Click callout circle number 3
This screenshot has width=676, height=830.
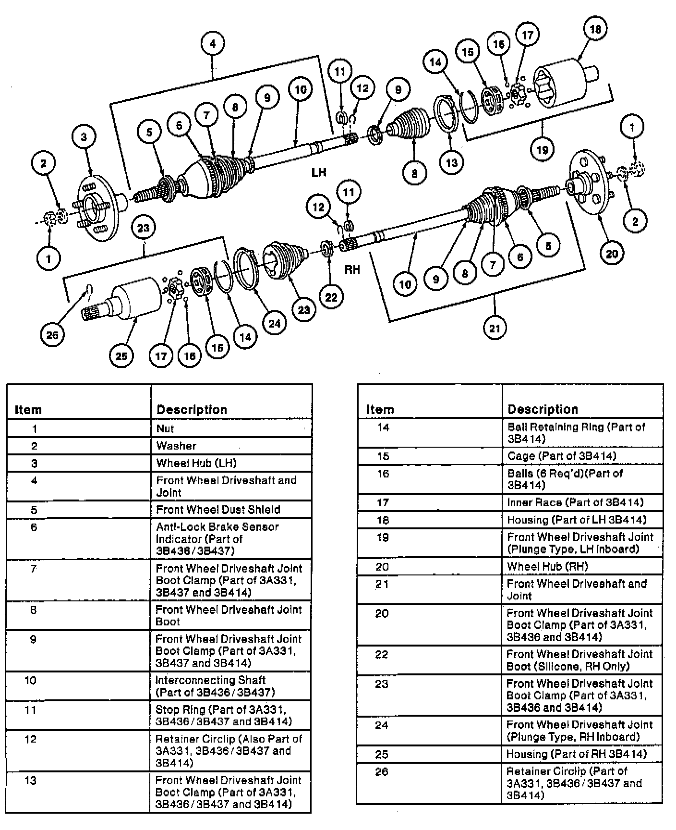pyautogui.click(x=84, y=136)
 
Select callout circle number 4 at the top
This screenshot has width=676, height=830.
pyautogui.click(x=213, y=44)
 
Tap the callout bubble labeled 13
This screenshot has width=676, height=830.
pyautogui.click(x=451, y=162)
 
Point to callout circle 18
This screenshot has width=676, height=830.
pyautogui.click(x=595, y=29)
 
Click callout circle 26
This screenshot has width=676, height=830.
pyautogui.click(x=52, y=334)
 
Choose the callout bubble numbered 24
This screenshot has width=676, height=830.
pyautogui.click(x=274, y=323)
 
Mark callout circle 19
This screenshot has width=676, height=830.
pyautogui.click(x=542, y=149)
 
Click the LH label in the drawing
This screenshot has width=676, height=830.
pyautogui.click(x=319, y=172)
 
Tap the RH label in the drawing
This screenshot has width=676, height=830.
pyautogui.click(x=352, y=269)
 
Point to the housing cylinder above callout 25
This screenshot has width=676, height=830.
pyautogui.click(x=137, y=299)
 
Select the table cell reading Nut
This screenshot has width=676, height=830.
pyautogui.click(x=231, y=428)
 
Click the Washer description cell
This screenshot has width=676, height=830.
pyautogui.click(x=231, y=446)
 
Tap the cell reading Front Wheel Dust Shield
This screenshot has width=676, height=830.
pyautogui.click(x=231, y=509)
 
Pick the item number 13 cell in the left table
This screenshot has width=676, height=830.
pyautogui.click(x=30, y=781)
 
